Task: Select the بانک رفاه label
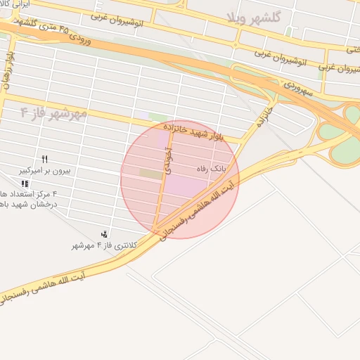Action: point(210,169)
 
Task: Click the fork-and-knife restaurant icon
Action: point(45,159)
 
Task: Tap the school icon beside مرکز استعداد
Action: point(25,184)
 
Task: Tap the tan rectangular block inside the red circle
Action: point(150,173)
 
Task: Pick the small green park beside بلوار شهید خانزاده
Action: point(157,117)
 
